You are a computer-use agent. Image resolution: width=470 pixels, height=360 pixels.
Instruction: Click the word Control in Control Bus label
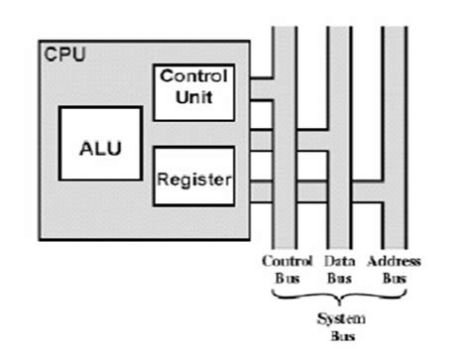coord(287,261)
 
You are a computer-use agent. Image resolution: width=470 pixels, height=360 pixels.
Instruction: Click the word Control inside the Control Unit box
coord(193,76)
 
